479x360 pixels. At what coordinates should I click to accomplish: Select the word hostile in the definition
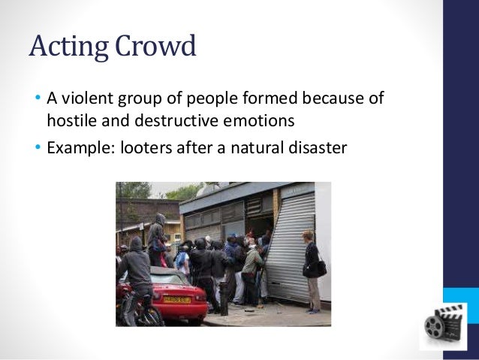point(71,119)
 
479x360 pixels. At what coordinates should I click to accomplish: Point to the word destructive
point(170,119)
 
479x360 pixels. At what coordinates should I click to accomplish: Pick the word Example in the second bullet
point(76,147)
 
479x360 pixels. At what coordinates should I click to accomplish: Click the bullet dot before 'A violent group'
point(37,99)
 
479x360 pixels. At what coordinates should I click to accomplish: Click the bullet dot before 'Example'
point(37,147)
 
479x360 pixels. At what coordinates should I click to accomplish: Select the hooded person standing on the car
point(158,237)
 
